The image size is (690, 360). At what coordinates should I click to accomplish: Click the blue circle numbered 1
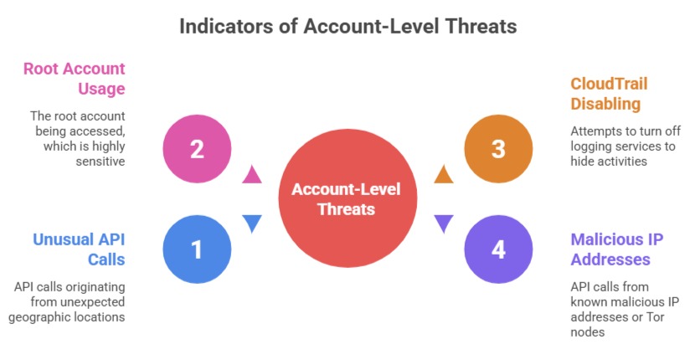coord(197,249)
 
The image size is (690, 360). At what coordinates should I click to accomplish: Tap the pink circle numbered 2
coord(197,149)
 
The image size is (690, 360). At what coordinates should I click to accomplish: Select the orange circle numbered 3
coord(498,149)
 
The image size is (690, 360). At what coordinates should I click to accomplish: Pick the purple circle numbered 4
coord(498,249)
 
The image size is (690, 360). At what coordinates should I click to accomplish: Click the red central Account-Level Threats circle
coord(348,198)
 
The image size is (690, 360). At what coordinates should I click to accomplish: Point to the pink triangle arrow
coord(252,175)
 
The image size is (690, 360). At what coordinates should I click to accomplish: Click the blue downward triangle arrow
coord(252,224)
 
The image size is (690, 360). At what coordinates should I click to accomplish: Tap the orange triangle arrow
coord(444,175)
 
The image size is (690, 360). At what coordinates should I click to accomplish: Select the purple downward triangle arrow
coord(444,224)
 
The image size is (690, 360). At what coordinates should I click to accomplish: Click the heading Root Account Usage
coord(75,79)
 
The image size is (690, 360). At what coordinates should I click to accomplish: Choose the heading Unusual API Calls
coord(80,249)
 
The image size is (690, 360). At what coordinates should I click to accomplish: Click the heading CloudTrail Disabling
coord(609,94)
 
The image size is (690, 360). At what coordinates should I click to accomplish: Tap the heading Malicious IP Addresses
coord(617,249)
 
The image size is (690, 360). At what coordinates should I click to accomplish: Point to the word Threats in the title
coord(481,27)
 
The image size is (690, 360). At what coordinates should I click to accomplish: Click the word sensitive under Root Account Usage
coord(100,162)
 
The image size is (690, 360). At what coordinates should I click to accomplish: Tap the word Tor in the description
coord(655,316)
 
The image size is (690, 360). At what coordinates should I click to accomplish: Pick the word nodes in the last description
coord(588,332)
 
